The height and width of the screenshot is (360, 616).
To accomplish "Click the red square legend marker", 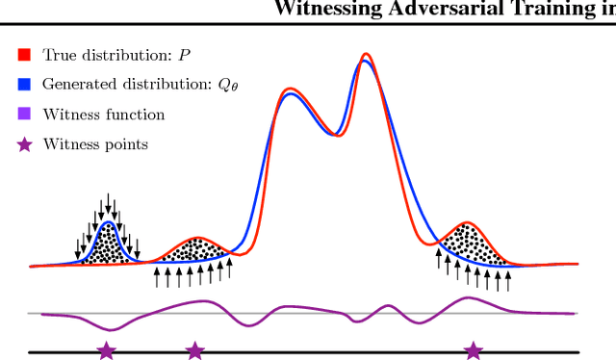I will click(x=24, y=55).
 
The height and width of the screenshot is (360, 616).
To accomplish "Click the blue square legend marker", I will click(x=24, y=85).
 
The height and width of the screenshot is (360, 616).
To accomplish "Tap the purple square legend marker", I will click(x=24, y=115).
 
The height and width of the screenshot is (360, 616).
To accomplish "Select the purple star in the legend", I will click(x=24, y=144).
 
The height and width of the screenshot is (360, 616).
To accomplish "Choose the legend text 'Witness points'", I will click(x=95, y=144).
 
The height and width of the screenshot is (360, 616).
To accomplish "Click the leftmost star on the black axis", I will click(x=106, y=350).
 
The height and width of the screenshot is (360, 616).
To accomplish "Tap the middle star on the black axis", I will click(x=194, y=350).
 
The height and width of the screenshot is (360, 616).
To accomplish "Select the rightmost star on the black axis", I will click(x=473, y=350).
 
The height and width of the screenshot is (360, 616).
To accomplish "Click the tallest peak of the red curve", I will click(x=366, y=55).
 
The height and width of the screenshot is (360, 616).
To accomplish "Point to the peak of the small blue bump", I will click(x=109, y=223).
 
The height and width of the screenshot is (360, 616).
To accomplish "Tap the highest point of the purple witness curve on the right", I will click(x=468, y=298).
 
